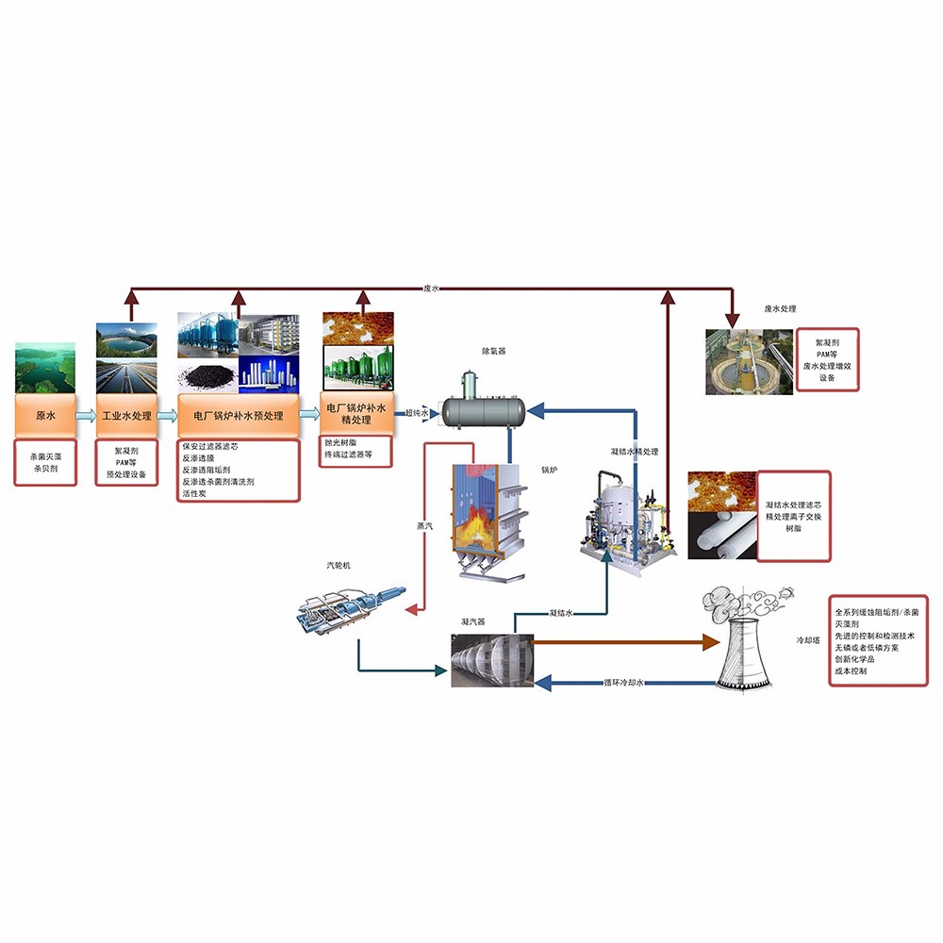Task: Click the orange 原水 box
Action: tap(45, 415)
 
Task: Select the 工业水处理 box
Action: tap(126, 415)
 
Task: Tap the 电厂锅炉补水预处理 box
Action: tap(238, 415)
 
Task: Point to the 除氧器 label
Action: tap(494, 351)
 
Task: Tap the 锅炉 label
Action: tap(549, 469)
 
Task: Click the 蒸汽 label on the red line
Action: tap(424, 525)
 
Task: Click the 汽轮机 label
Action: tap(338, 566)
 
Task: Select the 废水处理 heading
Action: tap(781, 309)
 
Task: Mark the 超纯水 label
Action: tap(417, 413)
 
